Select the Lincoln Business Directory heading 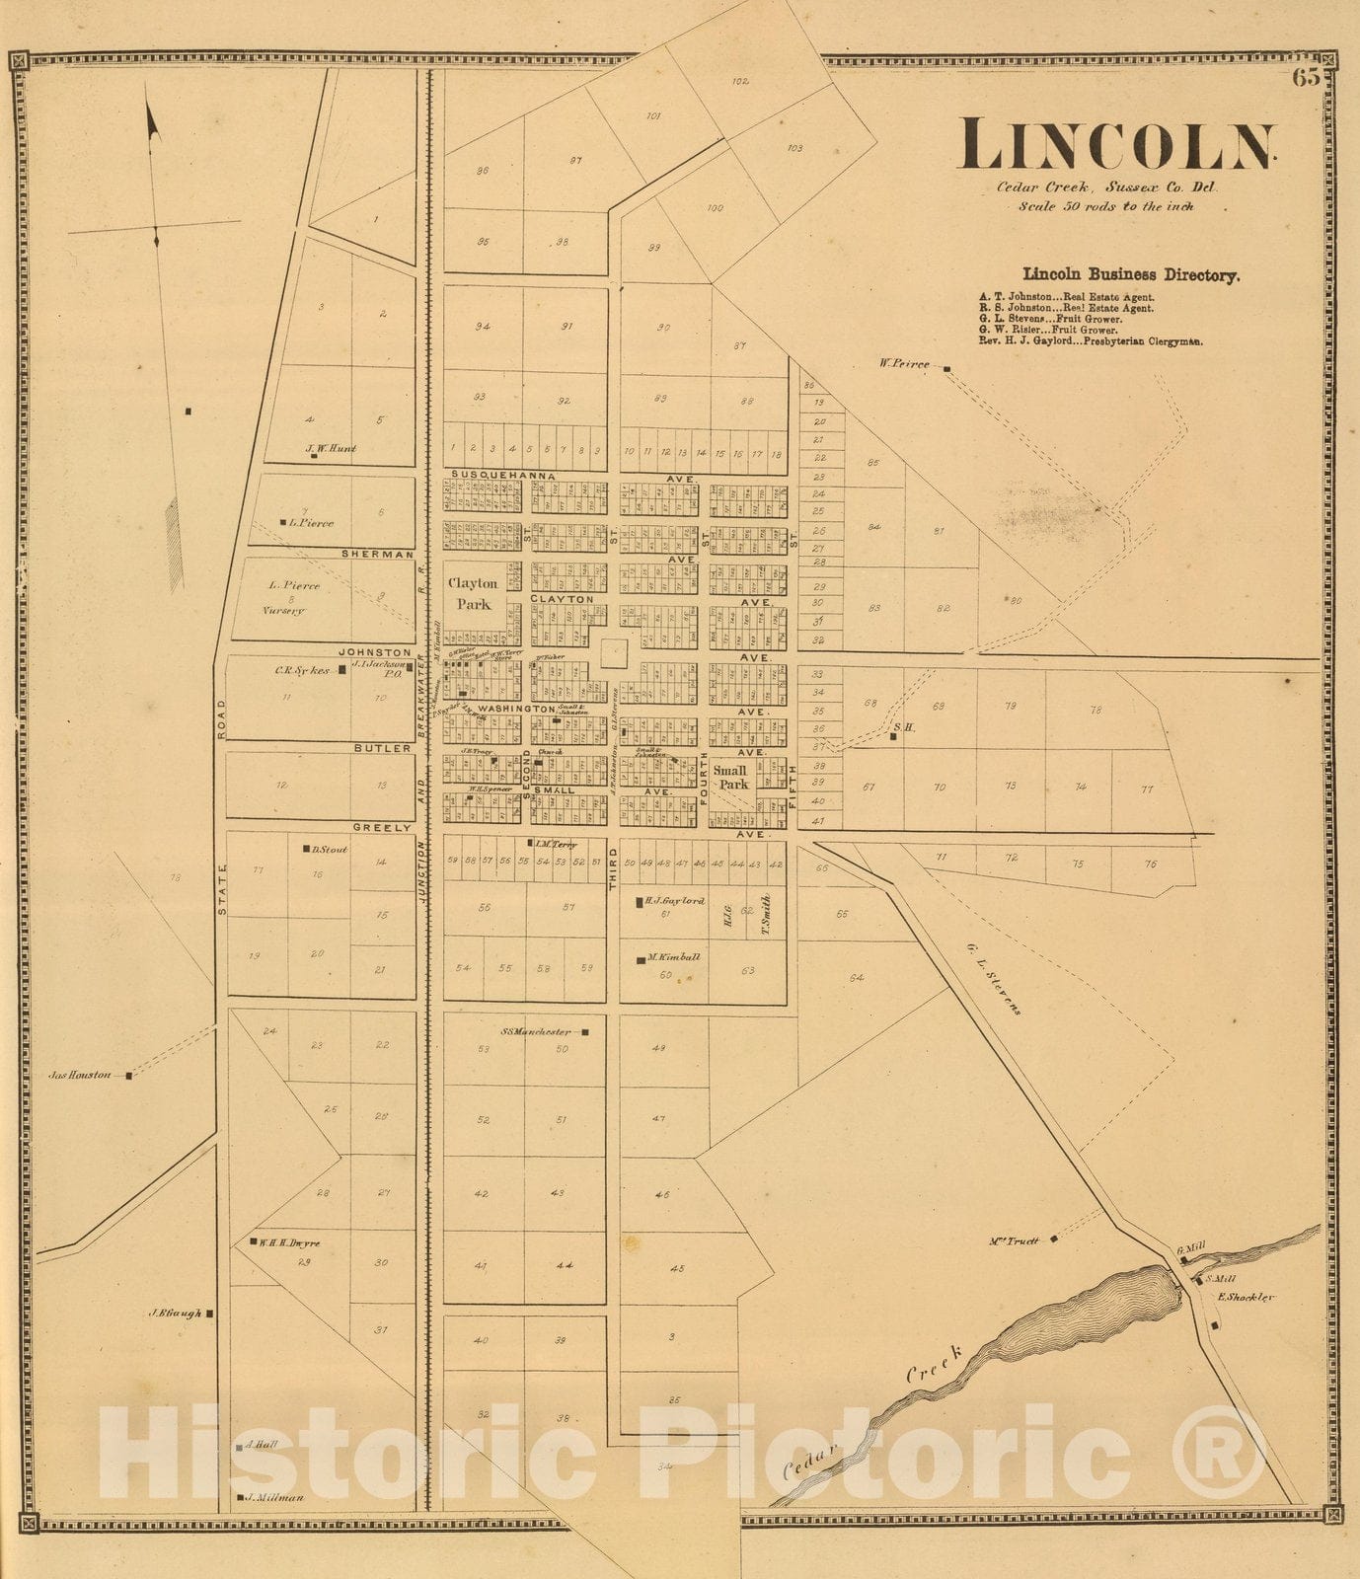[1131, 275]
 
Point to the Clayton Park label [473, 593]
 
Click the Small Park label [731, 778]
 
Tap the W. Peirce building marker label [904, 364]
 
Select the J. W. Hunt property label [331, 449]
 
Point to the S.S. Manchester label [536, 1032]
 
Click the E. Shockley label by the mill [1246, 1297]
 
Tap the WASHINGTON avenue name [516, 710]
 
